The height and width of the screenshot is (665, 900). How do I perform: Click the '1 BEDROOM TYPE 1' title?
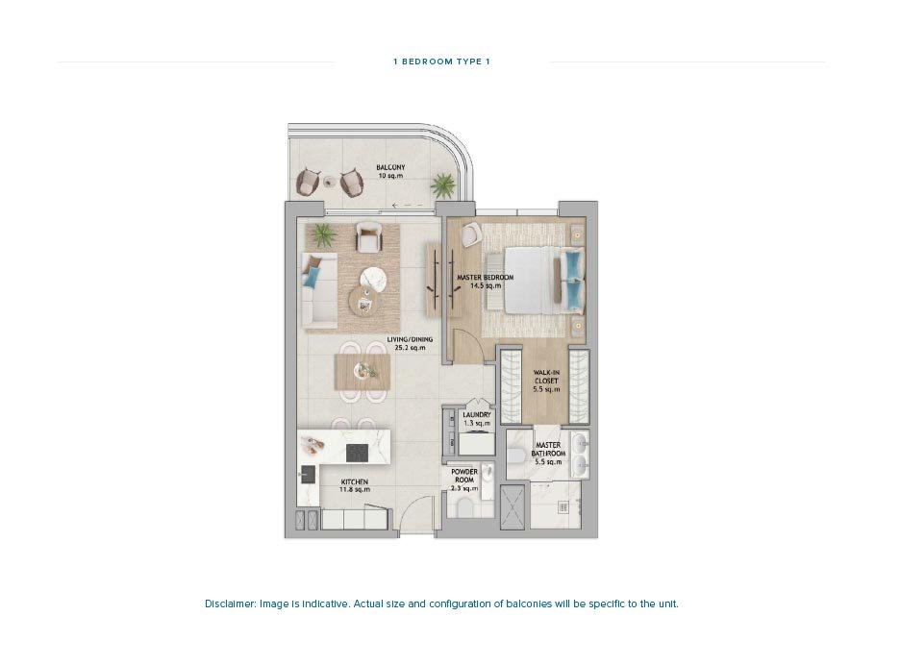point(441,62)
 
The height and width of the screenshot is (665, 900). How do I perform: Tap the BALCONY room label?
point(390,172)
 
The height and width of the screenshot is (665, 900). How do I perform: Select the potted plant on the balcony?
point(443,185)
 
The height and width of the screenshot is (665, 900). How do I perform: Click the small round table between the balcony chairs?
point(330,182)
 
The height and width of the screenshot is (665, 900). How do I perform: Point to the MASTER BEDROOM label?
point(485,282)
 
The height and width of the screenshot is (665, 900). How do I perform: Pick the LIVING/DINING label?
point(410,343)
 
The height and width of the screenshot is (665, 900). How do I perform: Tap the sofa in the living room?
point(319,291)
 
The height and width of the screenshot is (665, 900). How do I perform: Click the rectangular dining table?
point(362,372)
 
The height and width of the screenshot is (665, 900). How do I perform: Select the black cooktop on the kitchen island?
point(357,453)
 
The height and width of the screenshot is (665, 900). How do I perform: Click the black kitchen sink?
point(309,474)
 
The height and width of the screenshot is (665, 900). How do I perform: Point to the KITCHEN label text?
point(355,485)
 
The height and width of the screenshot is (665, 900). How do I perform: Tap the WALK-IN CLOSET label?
point(546,381)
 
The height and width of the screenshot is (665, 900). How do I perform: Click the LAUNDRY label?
point(477,419)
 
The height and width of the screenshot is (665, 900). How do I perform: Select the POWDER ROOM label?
point(464,480)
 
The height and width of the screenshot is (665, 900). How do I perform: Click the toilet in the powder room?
point(464,507)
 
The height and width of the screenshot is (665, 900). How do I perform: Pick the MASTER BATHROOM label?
point(548,454)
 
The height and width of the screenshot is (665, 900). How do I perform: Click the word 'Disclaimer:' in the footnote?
point(230,603)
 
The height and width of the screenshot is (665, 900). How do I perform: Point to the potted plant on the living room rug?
point(324,235)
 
